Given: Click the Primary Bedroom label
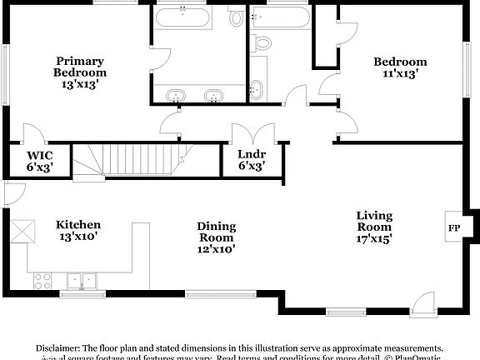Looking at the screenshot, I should click(80, 67).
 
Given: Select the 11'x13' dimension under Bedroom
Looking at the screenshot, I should click(399, 73).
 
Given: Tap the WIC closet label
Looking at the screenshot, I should click(40, 156).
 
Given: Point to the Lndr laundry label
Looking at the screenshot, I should click(251, 154).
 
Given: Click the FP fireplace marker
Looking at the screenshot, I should click(455, 227).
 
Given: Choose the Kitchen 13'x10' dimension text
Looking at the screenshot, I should click(78, 236).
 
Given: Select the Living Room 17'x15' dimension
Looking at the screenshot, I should click(374, 237).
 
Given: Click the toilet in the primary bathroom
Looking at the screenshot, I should click(262, 42).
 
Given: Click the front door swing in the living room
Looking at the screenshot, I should click(422, 304).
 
